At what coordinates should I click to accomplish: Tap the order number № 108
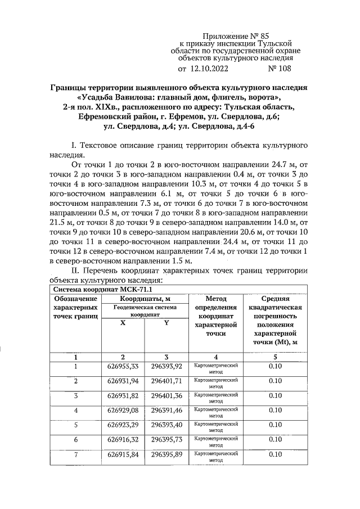(279, 69)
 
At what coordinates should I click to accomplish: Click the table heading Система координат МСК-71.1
(98, 289)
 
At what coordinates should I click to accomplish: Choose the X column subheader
(122, 323)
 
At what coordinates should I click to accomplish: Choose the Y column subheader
(166, 323)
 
